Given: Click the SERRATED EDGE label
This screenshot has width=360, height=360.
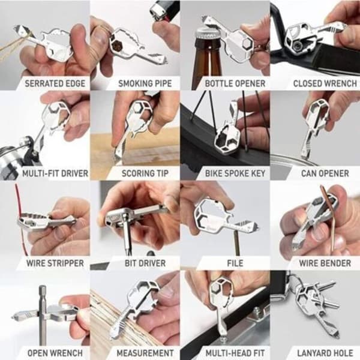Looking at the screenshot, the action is (55, 83).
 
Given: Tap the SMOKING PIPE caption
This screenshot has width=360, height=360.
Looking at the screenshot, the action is (145, 83).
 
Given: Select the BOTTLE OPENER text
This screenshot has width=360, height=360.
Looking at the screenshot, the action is (235, 83).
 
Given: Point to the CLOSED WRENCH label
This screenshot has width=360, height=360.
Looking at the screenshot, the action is (325, 83).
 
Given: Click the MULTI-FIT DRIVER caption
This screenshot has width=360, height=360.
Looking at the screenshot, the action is (55, 173).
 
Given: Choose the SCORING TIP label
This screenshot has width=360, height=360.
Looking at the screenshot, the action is (145, 173).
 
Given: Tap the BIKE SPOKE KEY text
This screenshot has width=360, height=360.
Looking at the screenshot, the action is (235, 173).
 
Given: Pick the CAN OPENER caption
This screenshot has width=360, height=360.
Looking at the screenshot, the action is (325, 173).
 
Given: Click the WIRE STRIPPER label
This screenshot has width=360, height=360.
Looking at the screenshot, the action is (55, 263).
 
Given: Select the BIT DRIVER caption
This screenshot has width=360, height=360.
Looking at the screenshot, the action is (145, 263).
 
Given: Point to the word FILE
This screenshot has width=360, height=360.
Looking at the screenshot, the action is (235, 263).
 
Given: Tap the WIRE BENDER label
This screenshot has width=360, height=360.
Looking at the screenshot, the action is (325, 263).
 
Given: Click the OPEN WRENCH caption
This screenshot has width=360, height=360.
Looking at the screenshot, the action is (55, 353).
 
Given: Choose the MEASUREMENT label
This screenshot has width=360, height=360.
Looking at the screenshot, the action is (145, 353).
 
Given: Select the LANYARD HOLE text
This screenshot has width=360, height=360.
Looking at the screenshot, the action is (325, 353).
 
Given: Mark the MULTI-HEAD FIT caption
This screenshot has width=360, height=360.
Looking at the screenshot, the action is (235, 353).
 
